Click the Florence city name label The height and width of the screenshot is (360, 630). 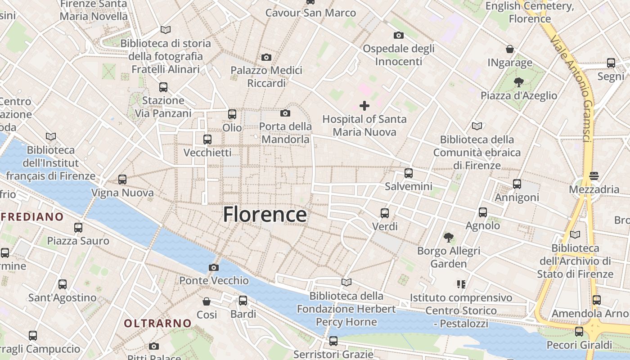click(265, 215)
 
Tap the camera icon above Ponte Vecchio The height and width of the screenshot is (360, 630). click(214, 267)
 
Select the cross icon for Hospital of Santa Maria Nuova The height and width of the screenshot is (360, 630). click(364, 106)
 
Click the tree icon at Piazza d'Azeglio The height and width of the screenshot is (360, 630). click(518, 82)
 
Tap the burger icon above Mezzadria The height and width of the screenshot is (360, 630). click(594, 175)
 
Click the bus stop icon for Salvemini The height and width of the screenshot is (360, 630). click(409, 173)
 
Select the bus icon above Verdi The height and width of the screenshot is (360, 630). click(385, 213)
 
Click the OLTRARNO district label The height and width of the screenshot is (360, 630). click(157, 323)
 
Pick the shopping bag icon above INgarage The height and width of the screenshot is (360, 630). click(510, 49)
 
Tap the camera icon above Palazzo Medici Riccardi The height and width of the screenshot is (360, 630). click(266, 57)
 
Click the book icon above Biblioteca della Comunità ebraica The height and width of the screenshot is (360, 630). click(477, 126)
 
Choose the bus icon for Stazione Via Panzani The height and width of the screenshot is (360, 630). click(163, 87)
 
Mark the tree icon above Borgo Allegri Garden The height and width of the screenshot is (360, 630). click(448, 237)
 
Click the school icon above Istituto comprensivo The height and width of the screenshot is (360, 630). click(461, 284)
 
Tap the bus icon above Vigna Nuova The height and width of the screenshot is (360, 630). click(122, 180)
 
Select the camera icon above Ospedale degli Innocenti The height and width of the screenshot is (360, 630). click(398, 35)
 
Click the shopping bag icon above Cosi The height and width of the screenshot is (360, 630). click(207, 301)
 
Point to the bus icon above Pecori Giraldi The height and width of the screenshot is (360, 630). click(579, 332)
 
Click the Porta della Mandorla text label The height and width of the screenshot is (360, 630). click(285, 133)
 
